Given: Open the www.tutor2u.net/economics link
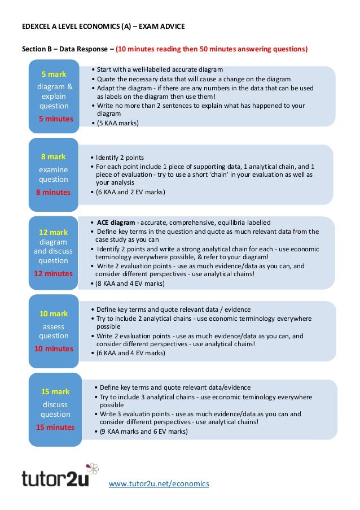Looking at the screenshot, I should (x=159, y=483).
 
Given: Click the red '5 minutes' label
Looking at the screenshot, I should (x=56, y=119).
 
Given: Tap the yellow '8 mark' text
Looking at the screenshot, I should (x=53, y=156).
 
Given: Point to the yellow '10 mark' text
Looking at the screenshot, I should (x=54, y=313).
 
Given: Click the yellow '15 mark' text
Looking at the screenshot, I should (x=55, y=391).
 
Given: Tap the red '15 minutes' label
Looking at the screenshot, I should (x=55, y=427).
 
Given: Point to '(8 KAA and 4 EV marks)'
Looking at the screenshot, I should (x=130, y=284).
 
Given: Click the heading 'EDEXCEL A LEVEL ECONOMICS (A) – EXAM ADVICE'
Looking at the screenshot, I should (x=103, y=27).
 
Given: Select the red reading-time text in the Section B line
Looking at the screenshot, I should (x=212, y=49).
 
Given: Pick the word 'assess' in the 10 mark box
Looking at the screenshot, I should (x=54, y=326).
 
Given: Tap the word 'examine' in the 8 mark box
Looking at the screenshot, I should (x=53, y=169).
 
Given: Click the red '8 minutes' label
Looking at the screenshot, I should (x=54, y=192).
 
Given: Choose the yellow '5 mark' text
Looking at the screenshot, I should (x=54, y=74).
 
